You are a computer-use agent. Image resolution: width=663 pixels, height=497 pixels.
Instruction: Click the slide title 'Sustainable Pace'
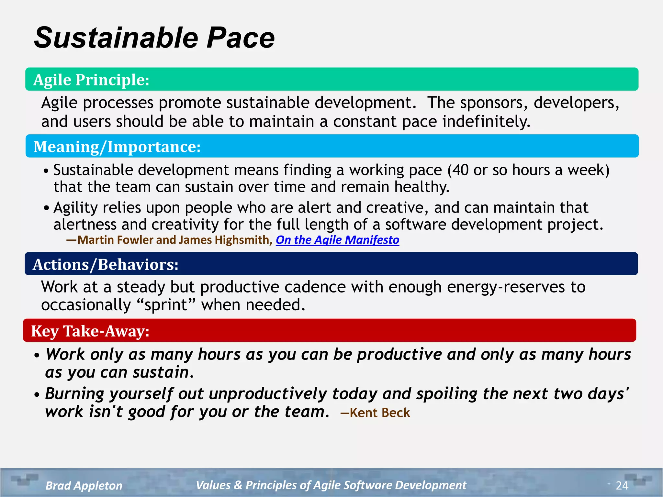tap(154, 38)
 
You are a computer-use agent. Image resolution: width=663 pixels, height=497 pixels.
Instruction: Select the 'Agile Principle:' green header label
tap(91, 80)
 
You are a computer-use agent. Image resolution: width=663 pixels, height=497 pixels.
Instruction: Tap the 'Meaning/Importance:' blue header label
tap(117, 147)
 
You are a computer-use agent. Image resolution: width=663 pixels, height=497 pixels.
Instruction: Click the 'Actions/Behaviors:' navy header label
tap(106, 265)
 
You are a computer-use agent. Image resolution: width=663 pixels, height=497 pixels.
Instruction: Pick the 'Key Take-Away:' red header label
tap(90, 331)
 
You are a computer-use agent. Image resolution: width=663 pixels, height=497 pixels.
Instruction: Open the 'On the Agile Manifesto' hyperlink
tap(337, 240)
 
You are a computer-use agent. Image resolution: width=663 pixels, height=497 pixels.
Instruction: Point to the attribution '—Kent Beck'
tap(376, 413)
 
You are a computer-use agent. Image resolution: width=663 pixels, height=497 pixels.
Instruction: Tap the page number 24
tap(622, 485)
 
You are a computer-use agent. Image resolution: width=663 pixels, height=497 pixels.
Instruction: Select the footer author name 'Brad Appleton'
tap(84, 486)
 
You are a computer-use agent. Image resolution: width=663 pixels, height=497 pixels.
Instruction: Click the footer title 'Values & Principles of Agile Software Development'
tap(331, 485)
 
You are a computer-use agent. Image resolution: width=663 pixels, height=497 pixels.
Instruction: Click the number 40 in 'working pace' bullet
tap(460, 171)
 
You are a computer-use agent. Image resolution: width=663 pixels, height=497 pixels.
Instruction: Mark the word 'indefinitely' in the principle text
tap(486, 122)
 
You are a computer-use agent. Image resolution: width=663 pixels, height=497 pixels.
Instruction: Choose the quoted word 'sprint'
tap(166, 305)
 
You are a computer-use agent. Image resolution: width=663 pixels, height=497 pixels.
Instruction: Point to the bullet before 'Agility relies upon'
tap(47, 208)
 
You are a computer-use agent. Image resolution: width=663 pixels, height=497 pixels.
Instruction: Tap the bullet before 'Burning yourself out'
tap(37, 395)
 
